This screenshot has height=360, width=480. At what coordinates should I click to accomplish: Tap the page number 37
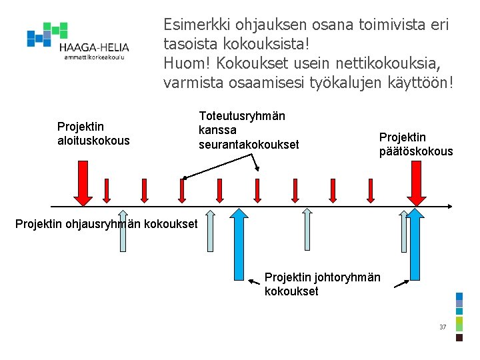pos(443,327)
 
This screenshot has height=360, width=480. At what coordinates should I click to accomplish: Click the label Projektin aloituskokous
pos(93,133)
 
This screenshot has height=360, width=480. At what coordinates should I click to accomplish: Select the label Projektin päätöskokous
pos(416,144)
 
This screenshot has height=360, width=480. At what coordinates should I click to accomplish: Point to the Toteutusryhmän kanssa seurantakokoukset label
pos(248,130)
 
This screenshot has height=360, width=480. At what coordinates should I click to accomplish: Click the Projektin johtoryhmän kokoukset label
pos(322,284)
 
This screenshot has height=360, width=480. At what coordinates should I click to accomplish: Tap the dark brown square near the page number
pos(459,337)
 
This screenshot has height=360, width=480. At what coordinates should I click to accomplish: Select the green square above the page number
pos(459,323)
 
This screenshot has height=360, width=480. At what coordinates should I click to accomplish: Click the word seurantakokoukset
pos(249,144)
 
